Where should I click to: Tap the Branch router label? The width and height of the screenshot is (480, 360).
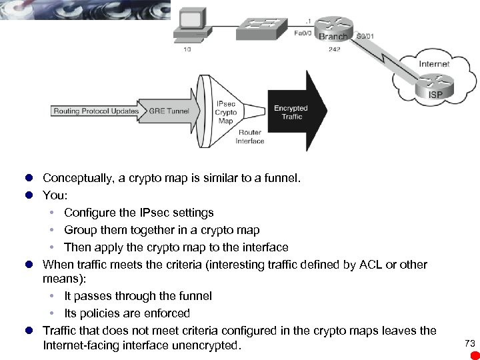point(332,37)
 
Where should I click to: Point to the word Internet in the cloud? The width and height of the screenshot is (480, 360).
point(433,64)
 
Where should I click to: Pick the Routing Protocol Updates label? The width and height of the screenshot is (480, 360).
point(96,111)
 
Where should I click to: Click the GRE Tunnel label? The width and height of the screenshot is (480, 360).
point(169,111)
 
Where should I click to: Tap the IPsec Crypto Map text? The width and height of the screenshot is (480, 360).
point(225,113)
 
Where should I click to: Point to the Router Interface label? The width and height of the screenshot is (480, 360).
point(250,137)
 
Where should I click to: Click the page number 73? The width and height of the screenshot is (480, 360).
point(469,343)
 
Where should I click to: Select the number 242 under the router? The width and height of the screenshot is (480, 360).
point(335,49)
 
